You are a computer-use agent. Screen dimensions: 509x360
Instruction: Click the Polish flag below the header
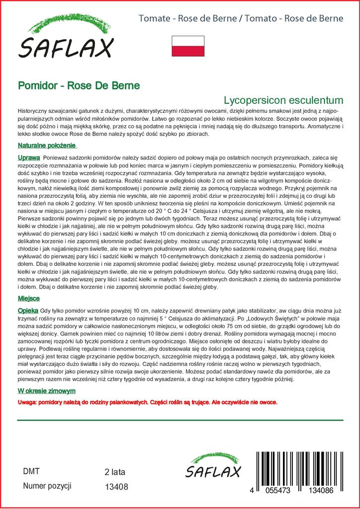pyautogui.click(x=188, y=46)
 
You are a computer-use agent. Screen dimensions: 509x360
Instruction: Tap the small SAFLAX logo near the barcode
pyautogui.click(x=213, y=467)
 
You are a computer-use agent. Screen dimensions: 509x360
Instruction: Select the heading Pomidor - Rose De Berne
pyautogui.click(x=79, y=85)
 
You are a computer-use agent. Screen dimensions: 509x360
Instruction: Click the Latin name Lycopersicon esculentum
pyautogui.click(x=283, y=98)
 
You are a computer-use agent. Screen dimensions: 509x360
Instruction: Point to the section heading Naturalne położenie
pyautogui.click(x=46, y=146)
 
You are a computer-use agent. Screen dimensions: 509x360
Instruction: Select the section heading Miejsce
pyautogui.click(x=28, y=298)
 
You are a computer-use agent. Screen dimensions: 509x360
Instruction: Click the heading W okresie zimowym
pyautogui.click(x=46, y=391)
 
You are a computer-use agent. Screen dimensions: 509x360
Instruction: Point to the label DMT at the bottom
pyautogui.click(x=31, y=471)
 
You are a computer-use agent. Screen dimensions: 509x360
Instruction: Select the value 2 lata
pyautogui.click(x=115, y=472)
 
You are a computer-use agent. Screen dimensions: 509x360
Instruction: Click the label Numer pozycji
pyautogui.click(x=48, y=485)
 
